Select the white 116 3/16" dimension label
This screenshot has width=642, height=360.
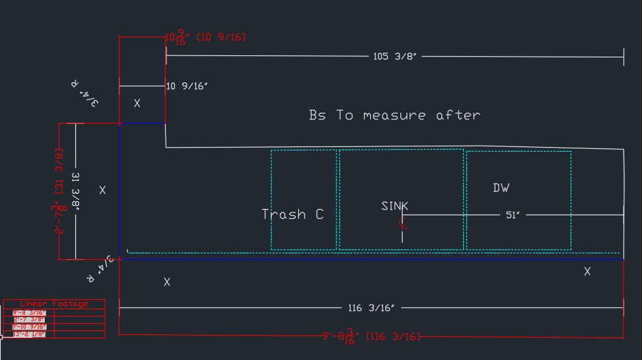(x=371, y=308)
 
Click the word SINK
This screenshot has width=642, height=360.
(x=395, y=206)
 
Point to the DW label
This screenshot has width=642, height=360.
(x=501, y=188)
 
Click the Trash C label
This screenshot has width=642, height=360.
(x=292, y=214)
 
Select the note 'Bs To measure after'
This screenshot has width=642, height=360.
(x=395, y=115)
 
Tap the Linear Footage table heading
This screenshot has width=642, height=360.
(x=53, y=304)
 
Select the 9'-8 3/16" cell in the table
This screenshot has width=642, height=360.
(x=29, y=313)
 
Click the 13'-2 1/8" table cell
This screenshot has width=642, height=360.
(x=29, y=334)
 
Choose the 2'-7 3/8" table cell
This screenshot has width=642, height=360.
(x=29, y=320)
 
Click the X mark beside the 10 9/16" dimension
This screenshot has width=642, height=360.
(x=137, y=104)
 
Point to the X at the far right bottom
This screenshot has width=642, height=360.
(x=587, y=271)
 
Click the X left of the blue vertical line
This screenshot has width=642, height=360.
(x=102, y=190)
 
